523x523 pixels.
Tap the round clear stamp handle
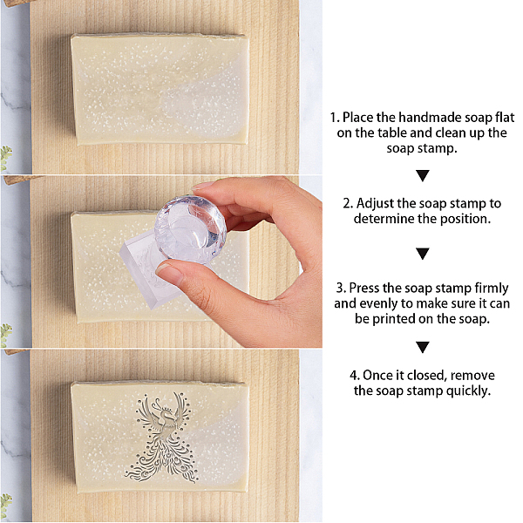point(190,228)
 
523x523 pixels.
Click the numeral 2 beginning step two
point(347,204)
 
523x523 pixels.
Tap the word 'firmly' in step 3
point(492,289)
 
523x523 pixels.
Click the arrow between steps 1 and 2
point(423,175)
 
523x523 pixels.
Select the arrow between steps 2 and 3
point(423,254)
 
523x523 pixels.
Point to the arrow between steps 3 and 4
point(423,347)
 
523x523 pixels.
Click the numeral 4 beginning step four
point(353,376)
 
